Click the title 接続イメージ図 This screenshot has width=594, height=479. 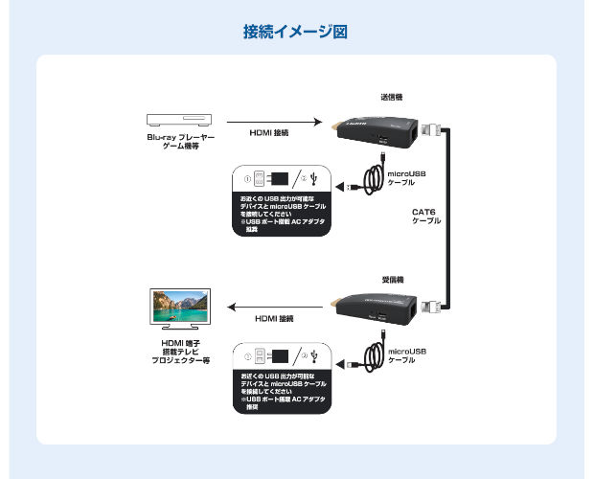point(296,32)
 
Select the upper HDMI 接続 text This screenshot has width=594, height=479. point(269,133)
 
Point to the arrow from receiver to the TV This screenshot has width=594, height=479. point(273,306)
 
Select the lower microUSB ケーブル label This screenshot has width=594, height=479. point(406,356)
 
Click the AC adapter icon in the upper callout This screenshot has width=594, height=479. point(278,179)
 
